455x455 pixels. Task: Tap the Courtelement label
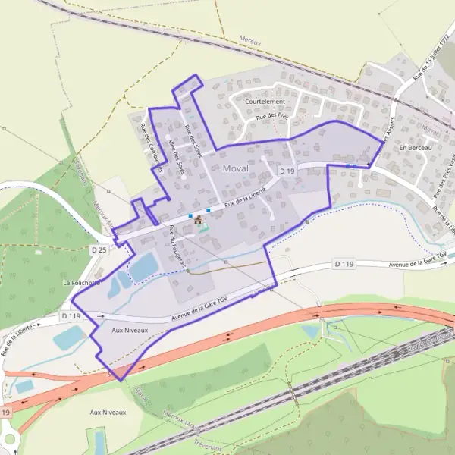point(265,101)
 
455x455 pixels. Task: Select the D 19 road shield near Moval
point(286,172)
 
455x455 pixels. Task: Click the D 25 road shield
point(99,249)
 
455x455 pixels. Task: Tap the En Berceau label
point(414,148)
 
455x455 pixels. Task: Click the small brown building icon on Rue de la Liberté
point(199,220)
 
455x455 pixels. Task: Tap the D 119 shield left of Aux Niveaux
point(71,315)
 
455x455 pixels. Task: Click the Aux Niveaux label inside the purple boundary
point(127,331)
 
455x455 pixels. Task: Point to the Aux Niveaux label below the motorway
point(108,412)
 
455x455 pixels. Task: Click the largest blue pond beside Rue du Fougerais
point(144,265)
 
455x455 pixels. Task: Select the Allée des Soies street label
point(175,157)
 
